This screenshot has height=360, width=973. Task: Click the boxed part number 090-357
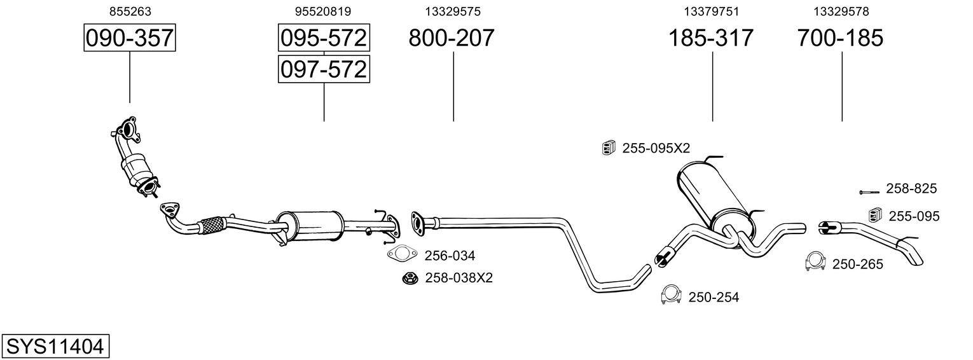click(130, 38)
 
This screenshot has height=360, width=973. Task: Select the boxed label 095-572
click(324, 38)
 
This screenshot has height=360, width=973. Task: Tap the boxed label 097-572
click(324, 69)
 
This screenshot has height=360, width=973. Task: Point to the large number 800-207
click(451, 38)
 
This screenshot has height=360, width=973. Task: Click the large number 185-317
click(710, 38)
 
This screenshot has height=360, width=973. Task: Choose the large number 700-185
click(840, 38)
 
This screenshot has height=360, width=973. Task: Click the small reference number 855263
click(130, 11)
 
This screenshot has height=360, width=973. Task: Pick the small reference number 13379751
click(712, 11)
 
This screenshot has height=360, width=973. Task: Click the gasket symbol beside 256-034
click(401, 254)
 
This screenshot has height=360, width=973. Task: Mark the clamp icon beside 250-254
click(672, 294)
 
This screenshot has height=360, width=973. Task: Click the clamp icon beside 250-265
click(815, 261)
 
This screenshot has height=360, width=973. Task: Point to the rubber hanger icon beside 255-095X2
click(609, 148)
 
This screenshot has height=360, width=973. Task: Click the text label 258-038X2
click(459, 278)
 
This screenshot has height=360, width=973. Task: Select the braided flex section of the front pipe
click(213, 224)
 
